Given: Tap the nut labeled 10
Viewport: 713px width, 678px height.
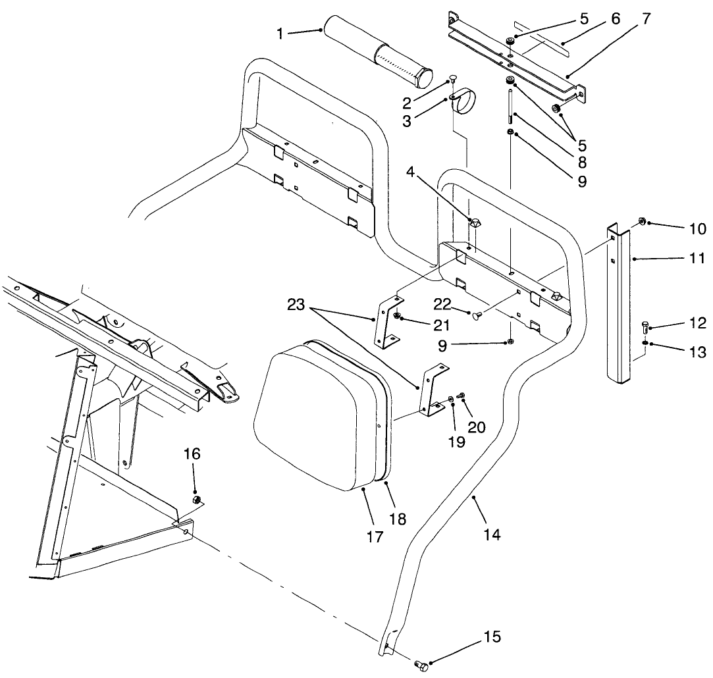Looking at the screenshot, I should pos(641,221).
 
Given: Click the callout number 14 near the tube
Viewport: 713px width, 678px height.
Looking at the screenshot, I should pos(492,535).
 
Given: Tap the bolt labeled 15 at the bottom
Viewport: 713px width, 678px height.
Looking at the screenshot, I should pos(422,666).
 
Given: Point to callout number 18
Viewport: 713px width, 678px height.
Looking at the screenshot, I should pos(398,519).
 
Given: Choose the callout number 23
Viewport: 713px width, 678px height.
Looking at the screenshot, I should pos(296,305).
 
